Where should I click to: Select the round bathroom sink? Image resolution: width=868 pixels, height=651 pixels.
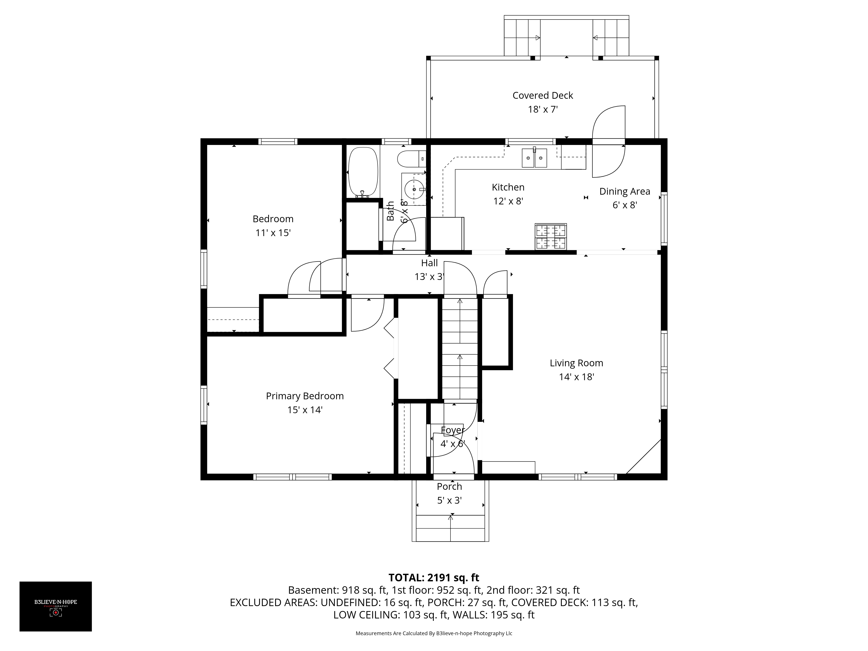(414, 189)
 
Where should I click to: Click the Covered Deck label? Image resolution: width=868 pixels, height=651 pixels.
(543, 95)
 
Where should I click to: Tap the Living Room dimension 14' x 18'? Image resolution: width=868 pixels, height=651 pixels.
(576, 377)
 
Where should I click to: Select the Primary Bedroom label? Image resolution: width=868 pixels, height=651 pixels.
(305, 396)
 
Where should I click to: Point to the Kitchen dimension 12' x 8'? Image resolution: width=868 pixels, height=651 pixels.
(508, 201)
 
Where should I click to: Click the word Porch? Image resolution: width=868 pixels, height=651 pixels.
(449, 487)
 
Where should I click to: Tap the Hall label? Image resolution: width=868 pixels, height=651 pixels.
(429, 263)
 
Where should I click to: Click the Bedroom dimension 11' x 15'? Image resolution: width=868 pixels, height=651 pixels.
(273, 233)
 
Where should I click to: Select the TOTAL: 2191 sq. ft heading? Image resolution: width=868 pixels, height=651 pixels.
(434, 578)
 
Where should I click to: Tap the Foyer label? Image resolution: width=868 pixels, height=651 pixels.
(453, 430)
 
